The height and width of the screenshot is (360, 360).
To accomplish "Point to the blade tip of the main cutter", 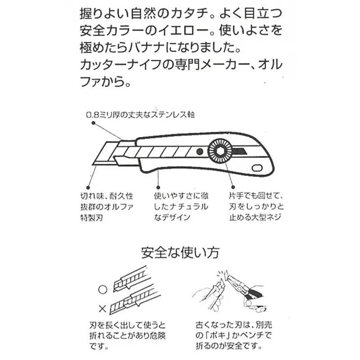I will pyautogui.click(x=96, y=163).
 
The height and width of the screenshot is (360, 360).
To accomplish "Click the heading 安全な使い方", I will pyautogui.click(x=180, y=252).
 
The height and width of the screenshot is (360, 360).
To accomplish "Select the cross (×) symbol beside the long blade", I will pyautogui.click(x=102, y=309).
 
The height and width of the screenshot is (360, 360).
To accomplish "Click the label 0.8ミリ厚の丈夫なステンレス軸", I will pyautogui.click(x=140, y=115).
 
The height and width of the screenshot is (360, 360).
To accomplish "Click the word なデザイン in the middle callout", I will pyautogui.click(x=171, y=217).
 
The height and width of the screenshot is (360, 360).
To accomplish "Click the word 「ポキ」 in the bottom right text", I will pyautogui.click(x=219, y=336).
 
